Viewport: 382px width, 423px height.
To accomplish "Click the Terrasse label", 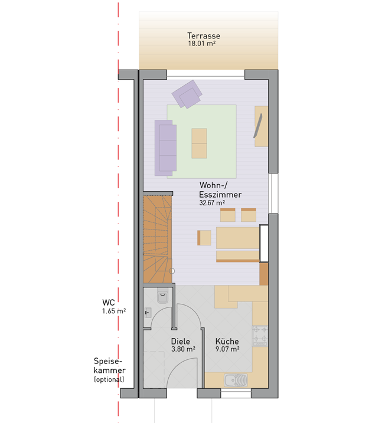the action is coord(204,35).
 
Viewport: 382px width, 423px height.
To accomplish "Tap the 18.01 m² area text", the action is coord(202,43).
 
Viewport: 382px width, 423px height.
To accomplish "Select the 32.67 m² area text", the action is coord(212,202).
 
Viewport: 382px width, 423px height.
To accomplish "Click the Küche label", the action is coord(227,341).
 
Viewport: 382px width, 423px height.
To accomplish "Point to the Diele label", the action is coord(181,341).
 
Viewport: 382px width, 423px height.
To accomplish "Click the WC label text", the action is coord(109,303).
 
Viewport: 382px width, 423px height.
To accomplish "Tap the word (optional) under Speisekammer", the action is coord(109,379).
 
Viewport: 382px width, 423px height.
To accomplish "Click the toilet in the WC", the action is coord(163,297).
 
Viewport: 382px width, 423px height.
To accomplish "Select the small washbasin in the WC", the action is coord(148,313).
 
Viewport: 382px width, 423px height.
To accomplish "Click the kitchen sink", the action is coord(236,380).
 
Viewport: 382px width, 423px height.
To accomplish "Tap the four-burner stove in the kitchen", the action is coord(260,336).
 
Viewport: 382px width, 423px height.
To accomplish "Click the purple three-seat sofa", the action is coord(165,148).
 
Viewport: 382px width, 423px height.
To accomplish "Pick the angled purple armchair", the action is coord(187,94).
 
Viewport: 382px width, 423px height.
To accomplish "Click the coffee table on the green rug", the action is coord(199,143).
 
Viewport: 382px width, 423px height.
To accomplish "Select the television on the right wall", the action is coord(258,126).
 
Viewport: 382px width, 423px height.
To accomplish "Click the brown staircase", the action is coord(158,240).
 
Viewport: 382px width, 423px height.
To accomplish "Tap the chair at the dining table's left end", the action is coord(204,238).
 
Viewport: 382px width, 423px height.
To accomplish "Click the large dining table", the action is coord(238,238).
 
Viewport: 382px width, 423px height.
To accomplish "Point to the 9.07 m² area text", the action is coord(227,349).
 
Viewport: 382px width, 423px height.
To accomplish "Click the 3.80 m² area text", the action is coord(183,349).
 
